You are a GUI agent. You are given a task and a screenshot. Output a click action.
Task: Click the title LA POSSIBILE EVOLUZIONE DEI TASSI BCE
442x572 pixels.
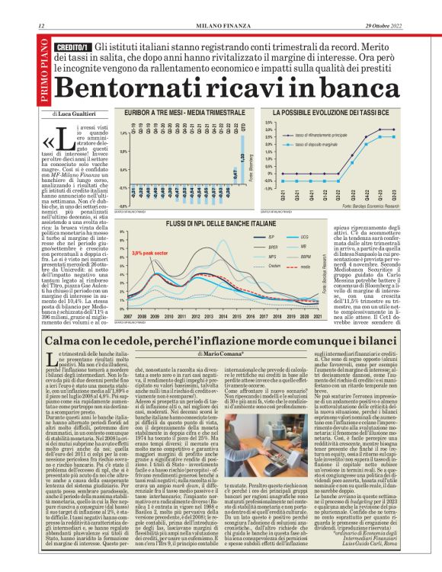coord(332,112)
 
